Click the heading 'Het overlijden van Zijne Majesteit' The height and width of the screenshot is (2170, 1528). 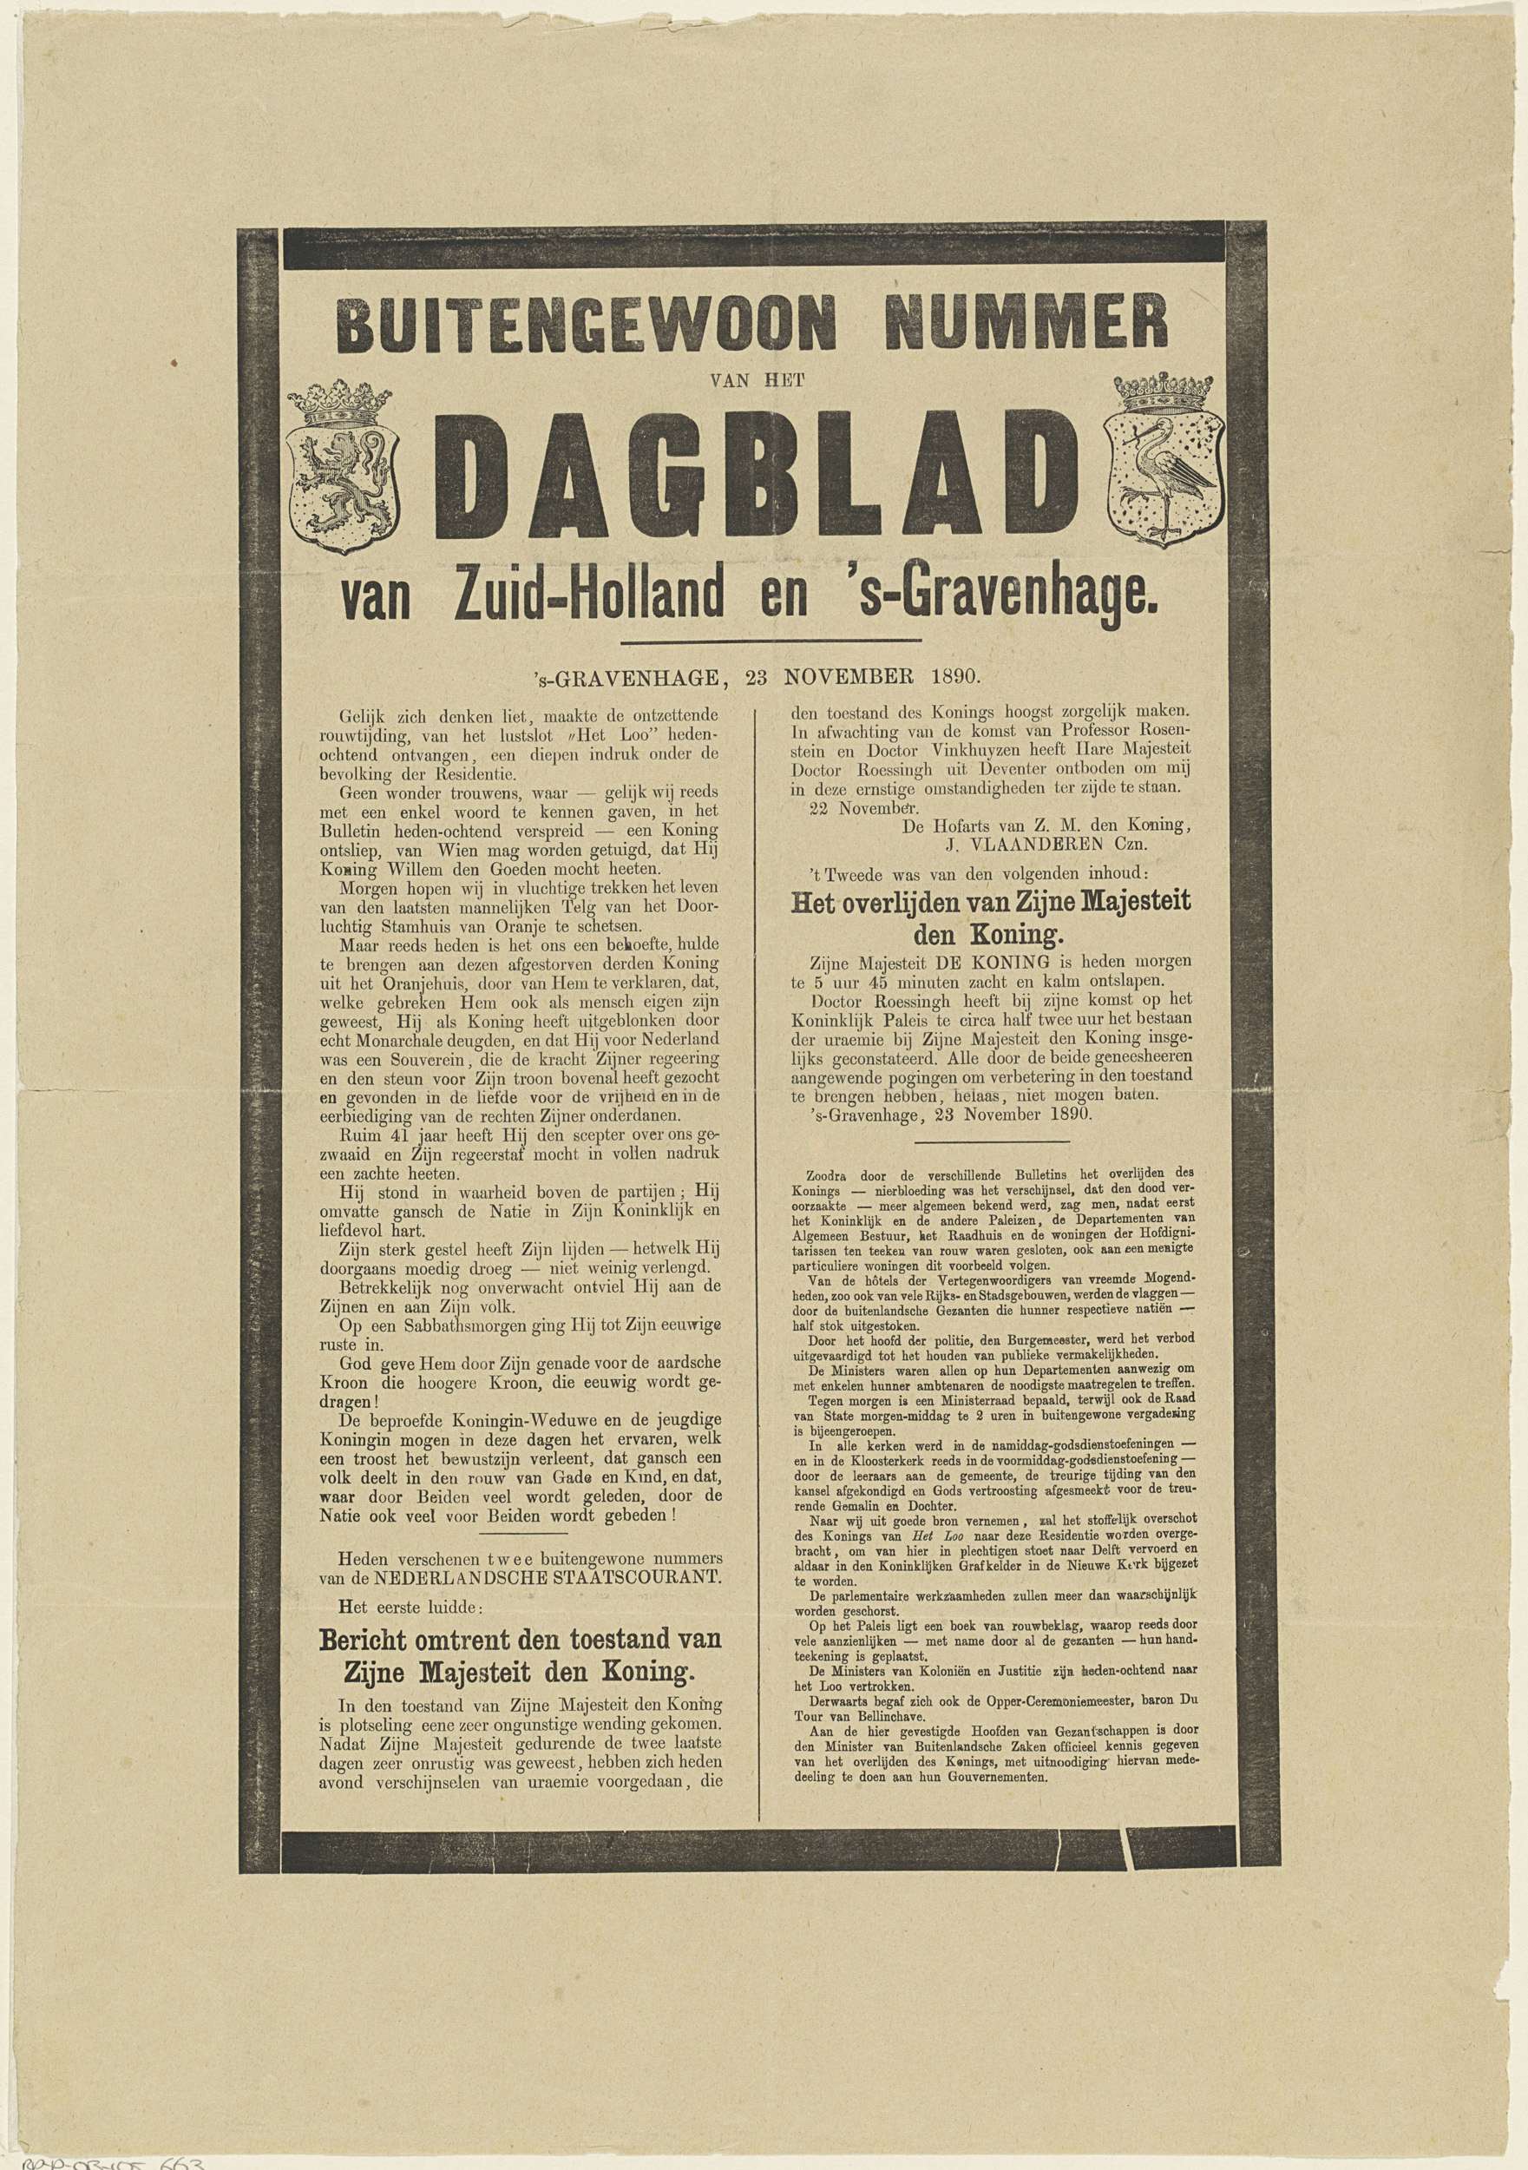click(989, 904)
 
